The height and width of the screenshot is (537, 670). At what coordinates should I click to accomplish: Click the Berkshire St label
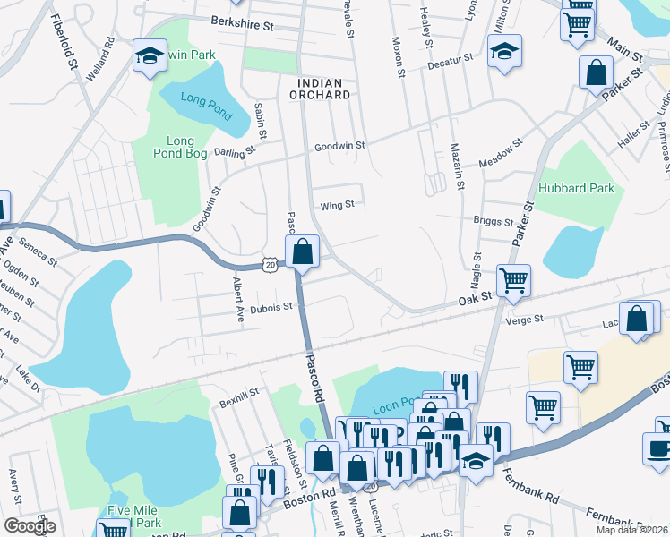[x=242, y=25]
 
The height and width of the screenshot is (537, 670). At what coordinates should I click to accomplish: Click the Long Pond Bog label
[x=180, y=148]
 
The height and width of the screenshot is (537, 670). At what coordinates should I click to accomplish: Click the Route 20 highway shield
[x=271, y=264]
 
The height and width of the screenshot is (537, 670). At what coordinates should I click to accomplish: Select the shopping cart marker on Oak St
[x=514, y=280]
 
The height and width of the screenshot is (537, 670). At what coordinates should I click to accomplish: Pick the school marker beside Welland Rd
[x=149, y=56]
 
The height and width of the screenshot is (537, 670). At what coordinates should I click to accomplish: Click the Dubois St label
[x=271, y=307]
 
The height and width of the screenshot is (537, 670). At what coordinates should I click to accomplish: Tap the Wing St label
[x=338, y=204]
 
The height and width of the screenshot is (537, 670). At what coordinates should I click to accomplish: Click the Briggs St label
[x=493, y=221]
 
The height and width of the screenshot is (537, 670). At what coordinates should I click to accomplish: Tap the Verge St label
[x=525, y=319]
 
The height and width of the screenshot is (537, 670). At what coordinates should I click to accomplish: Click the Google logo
[x=30, y=525]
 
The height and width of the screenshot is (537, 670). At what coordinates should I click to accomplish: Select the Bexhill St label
[x=239, y=395]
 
